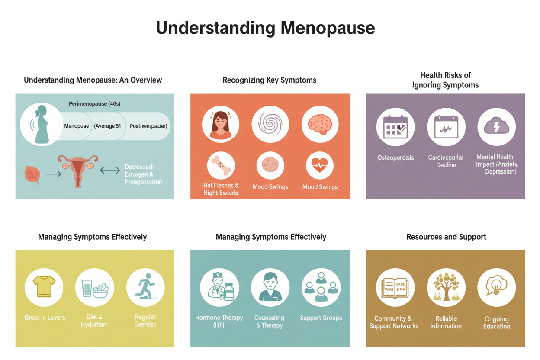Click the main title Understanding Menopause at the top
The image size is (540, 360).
[x=265, y=28]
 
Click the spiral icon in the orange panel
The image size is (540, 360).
[x=270, y=124]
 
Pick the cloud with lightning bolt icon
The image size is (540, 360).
[x=496, y=127]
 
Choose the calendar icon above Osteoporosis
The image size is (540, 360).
[x=395, y=127]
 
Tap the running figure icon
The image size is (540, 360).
[x=145, y=286]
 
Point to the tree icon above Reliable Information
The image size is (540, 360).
[x=446, y=287]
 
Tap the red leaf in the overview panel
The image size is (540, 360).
[x=32, y=174]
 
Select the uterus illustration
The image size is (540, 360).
[x=78, y=170]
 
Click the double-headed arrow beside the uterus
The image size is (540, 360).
[x=110, y=170]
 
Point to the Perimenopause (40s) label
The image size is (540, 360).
[x=94, y=104]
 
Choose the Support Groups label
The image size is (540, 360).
[x=321, y=318]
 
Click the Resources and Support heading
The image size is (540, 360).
[x=446, y=237]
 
